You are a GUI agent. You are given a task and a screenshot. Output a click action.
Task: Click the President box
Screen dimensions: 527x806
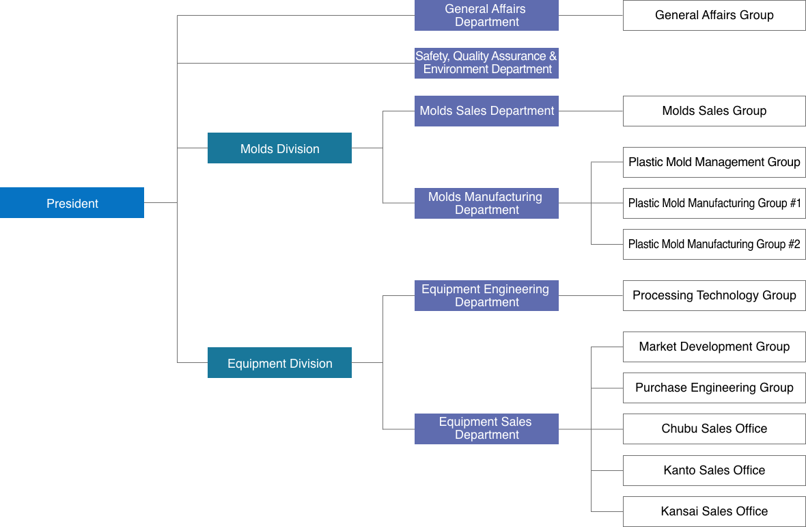pos(72,203)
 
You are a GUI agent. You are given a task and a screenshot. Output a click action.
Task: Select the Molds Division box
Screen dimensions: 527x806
pos(279,148)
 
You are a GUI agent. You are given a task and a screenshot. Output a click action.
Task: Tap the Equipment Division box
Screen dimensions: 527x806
pos(279,363)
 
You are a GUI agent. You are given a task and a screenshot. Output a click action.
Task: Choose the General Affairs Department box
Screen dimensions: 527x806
pos(486,15)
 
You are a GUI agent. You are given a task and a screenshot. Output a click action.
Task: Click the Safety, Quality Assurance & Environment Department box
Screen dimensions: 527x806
pos(486,63)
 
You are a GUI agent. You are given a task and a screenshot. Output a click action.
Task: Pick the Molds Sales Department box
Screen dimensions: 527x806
pos(486,111)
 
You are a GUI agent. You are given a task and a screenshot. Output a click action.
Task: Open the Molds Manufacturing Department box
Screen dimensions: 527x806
pos(486,203)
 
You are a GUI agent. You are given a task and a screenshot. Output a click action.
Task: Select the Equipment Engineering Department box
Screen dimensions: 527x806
pos(486,295)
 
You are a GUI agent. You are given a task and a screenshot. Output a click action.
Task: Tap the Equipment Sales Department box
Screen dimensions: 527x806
pos(486,429)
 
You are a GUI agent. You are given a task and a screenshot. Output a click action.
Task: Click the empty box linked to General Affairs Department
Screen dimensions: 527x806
pos(714,15)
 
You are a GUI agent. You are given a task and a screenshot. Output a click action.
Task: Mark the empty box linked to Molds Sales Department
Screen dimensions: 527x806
pos(714,111)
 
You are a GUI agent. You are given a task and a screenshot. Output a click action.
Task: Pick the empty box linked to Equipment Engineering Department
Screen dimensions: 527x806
pos(714,295)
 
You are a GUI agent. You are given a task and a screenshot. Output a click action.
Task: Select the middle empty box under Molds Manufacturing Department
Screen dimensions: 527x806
pos(714,203)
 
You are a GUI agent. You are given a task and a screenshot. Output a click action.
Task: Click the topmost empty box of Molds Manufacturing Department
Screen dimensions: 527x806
pos(714,162)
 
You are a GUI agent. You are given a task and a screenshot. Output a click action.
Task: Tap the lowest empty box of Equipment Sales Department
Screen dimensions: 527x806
pos(714,511)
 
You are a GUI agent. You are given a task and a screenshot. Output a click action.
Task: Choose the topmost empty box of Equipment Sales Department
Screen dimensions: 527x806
pos(714,347)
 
